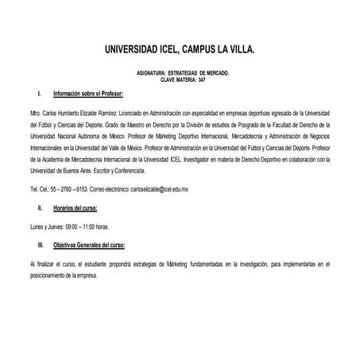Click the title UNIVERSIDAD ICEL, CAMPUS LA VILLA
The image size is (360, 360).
[180, 49]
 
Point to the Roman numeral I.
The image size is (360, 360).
[40, 95]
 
